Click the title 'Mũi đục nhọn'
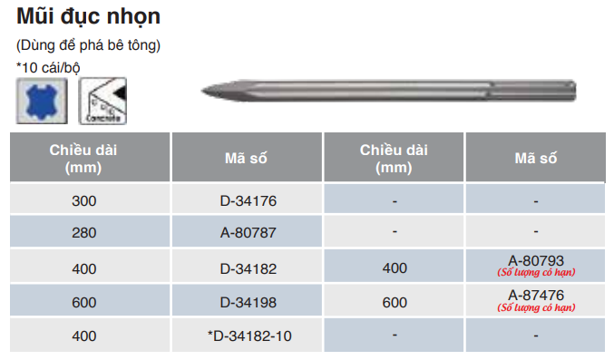(89, 17)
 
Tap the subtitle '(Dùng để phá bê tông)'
(89, 45)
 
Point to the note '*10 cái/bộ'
(48, 67)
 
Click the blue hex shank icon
(42, 101)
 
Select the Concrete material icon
(102, 101)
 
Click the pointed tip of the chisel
(202, 91)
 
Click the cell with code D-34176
(249, 201)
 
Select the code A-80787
(249, 233)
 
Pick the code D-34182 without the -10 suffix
(249, 269)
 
